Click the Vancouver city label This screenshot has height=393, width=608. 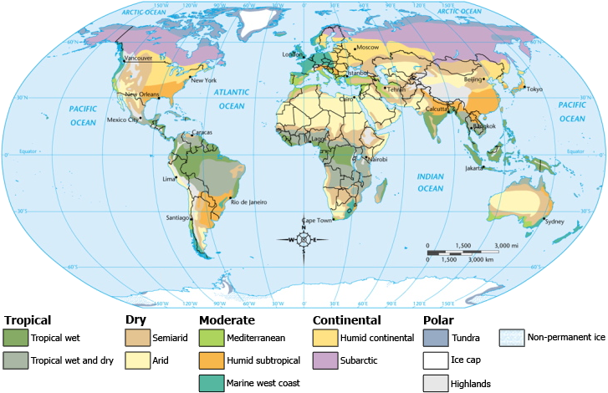[x=138, y=59]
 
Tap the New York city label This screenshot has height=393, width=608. [x=204, y=80]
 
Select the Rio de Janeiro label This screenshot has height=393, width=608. [x=248, y=202]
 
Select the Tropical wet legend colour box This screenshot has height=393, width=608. [x=15, y=338]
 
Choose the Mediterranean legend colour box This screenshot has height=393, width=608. [x=211, y=338]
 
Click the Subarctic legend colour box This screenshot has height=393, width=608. [x=324, y=360]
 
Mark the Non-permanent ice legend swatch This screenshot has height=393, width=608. [x=511, y=338]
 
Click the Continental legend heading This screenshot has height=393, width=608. [x=346, y=320]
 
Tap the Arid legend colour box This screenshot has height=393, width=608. [x=137, y=360]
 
